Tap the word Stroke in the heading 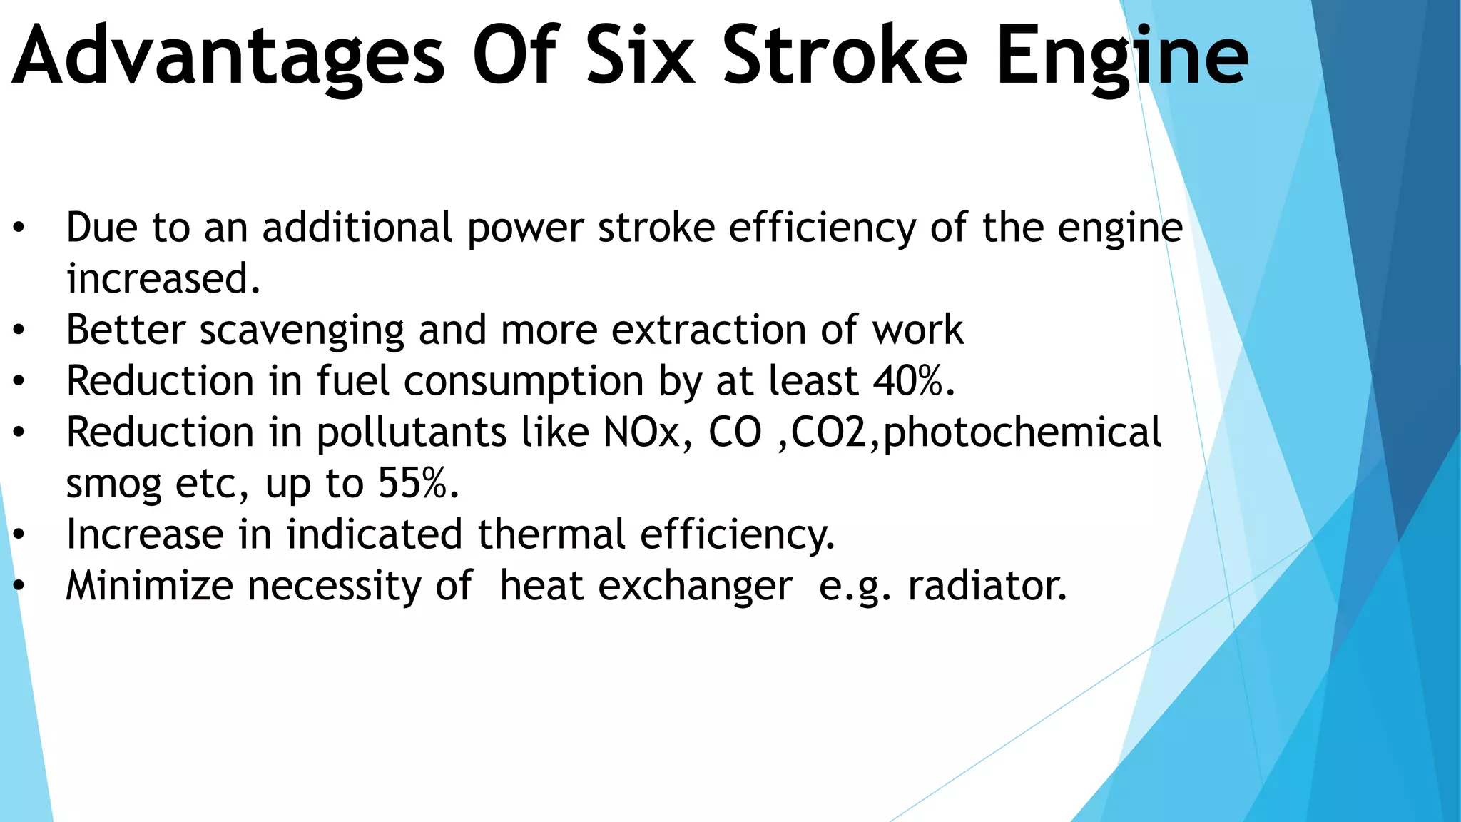point(845,56)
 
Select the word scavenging point(302,330)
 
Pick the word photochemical point(1022,432)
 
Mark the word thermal point(551,534)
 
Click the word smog point(113,484)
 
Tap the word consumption point(524,381)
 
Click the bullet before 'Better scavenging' point(19,330)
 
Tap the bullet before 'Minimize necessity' point(19,586)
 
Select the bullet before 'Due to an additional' point(19,228)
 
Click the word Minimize point(149,586)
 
